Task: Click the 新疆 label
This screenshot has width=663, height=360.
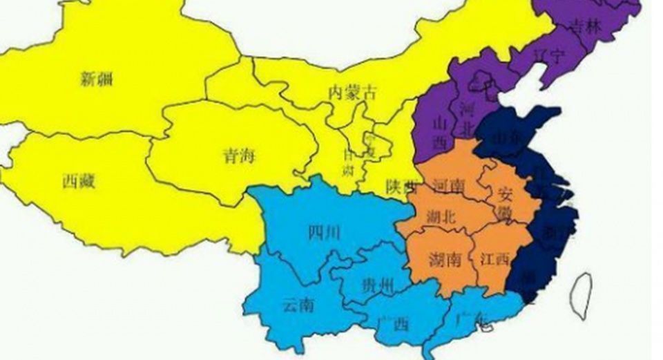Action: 96,79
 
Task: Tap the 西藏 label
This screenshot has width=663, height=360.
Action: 79,182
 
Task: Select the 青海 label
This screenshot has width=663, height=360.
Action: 238,155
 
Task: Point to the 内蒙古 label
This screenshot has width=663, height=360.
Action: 353,92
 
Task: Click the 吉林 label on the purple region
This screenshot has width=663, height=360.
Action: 586,27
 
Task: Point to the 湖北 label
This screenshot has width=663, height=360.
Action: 442,217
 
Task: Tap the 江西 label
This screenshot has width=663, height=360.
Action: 494,259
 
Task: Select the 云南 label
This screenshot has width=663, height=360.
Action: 298,304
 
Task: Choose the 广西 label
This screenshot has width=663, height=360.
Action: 394,323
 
